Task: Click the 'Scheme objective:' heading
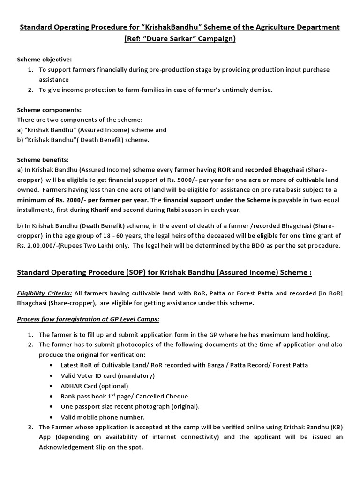coord(45,60)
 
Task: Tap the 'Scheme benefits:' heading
coord(43,159)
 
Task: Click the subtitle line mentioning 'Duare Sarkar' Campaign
coord(180,39)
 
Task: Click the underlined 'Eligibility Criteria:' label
coord(45,293)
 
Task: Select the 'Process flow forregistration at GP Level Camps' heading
coord(88,319)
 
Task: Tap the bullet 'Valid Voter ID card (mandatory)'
coord(107,375)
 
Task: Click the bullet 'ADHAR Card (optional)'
coord(94,386)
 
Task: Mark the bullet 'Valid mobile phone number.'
coord(103,417)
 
